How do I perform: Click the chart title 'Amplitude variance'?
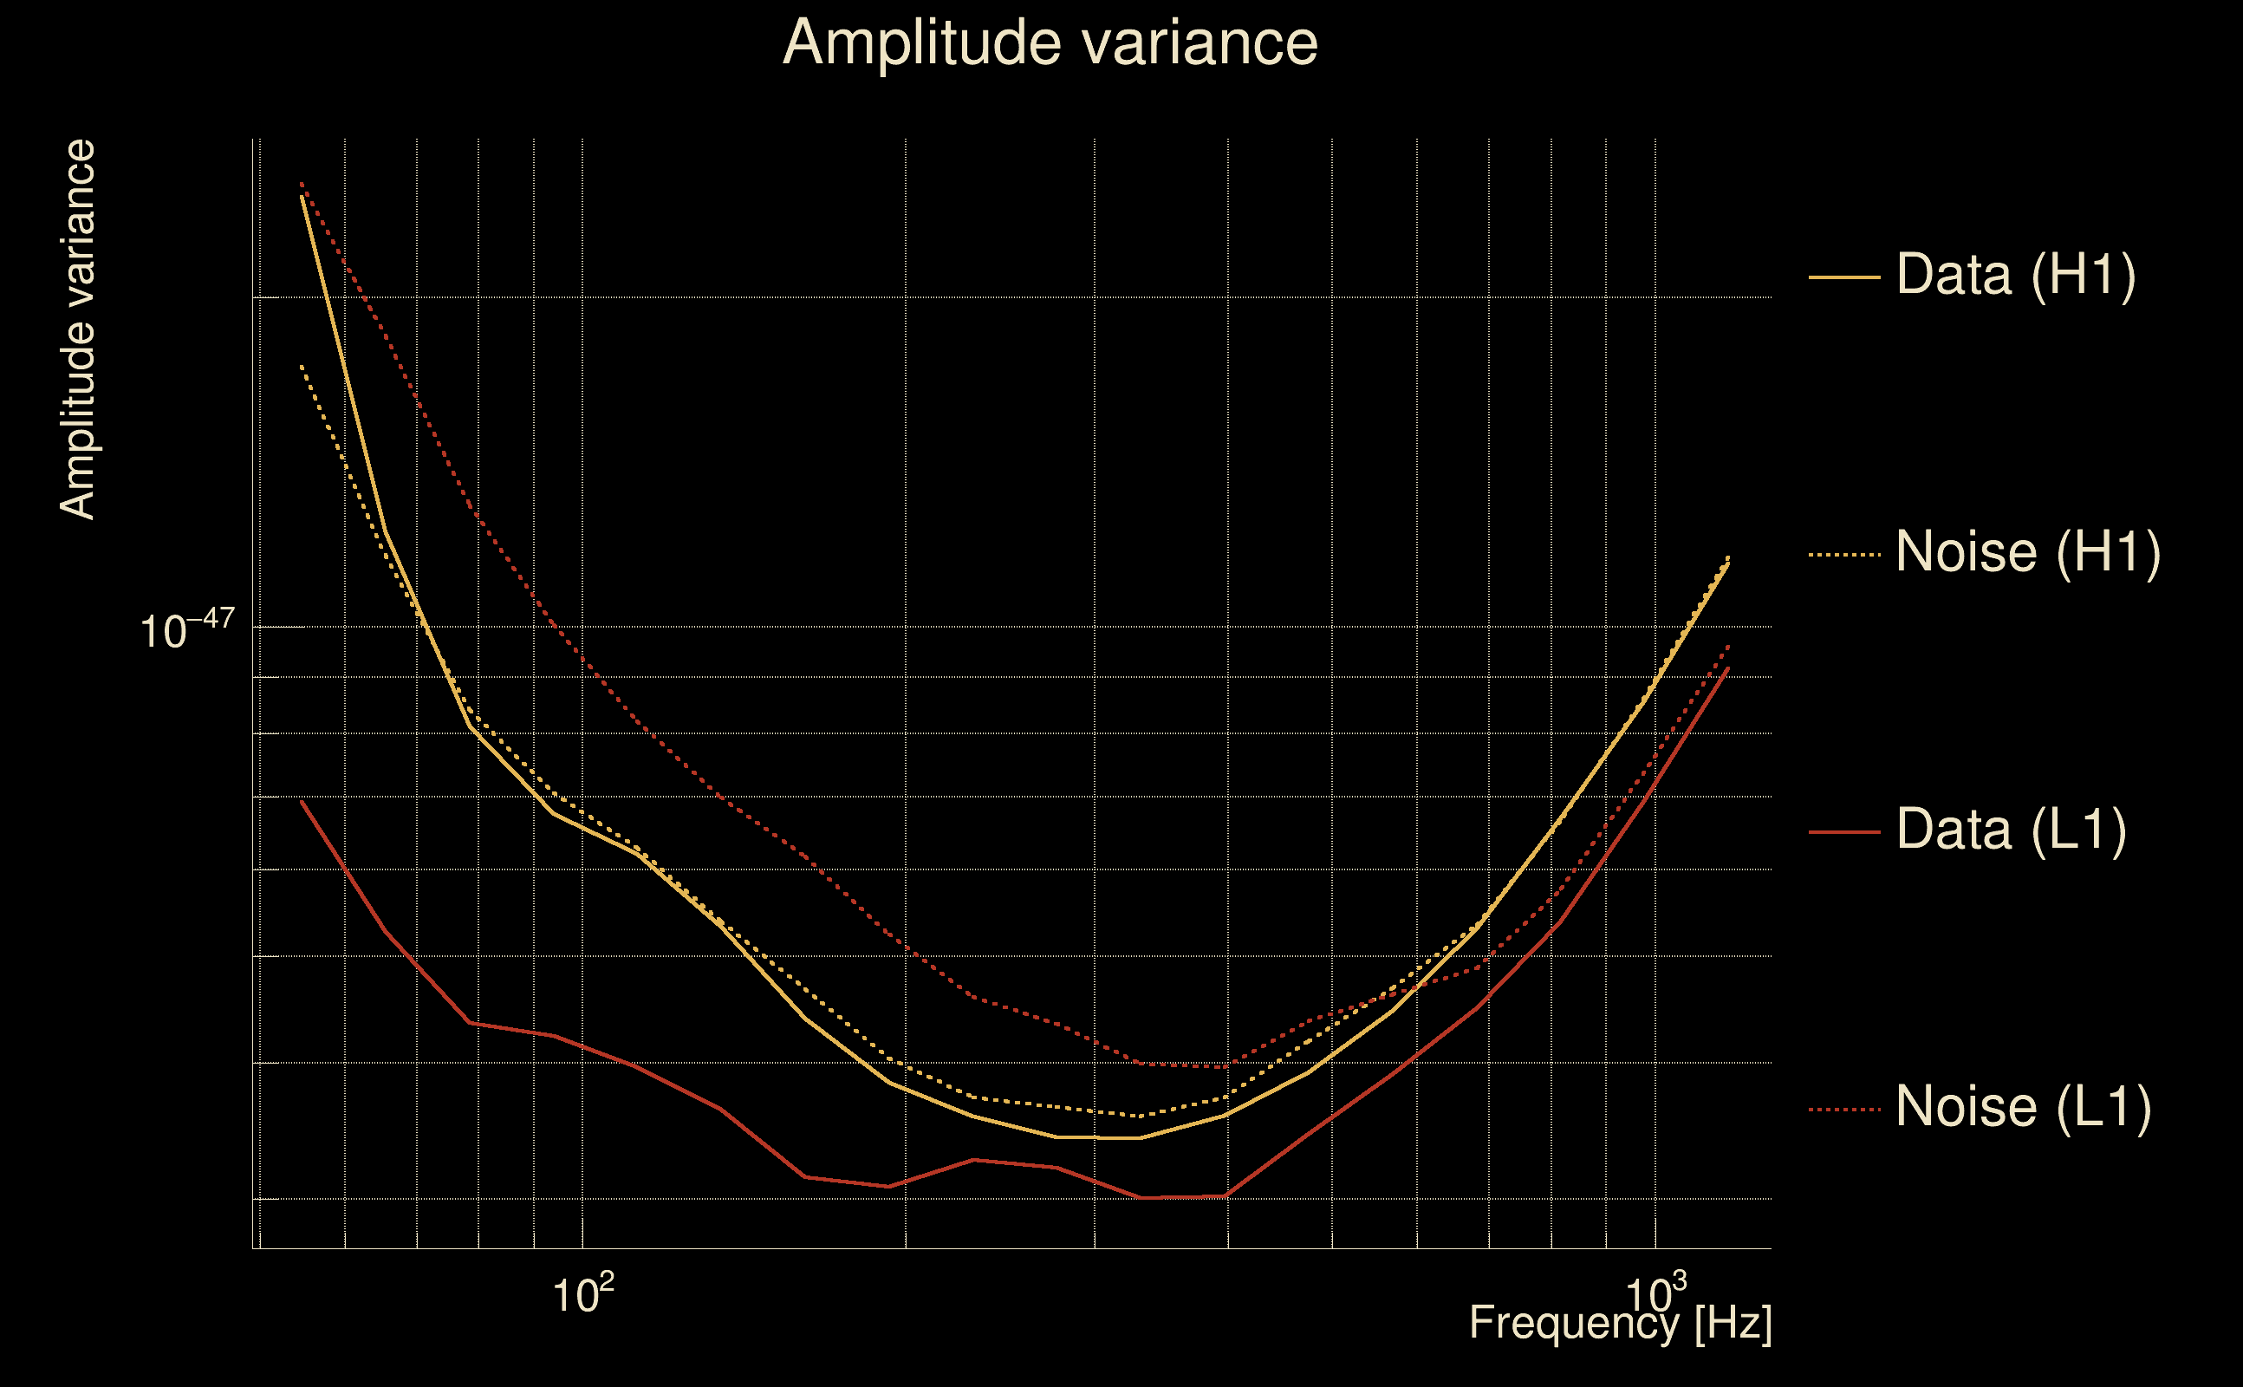pos(1050,43)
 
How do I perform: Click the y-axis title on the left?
pos(77,330)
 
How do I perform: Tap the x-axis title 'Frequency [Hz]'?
pos(1621,1323)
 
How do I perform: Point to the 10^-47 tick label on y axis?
pos(187,630)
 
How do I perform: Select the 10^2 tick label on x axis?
pos(582,1294)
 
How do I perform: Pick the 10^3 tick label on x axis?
pos(1655,1294)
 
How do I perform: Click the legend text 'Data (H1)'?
pos(2016,274)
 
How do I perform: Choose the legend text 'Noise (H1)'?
pos(2027,552)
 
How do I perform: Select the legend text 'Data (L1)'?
pos(2011,830)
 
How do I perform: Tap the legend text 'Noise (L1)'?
pos(2023,1107)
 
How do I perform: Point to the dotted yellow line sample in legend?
pos(1844,555)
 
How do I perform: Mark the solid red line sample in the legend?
pos(1844,832)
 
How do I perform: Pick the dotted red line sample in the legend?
pos(1844,1110)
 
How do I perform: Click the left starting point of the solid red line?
pos(302,802)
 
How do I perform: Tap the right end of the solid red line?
pos(1728,667)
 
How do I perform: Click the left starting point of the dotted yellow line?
pos(302,366)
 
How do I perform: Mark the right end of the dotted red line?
pos(1728,645)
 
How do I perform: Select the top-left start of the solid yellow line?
pos(302,195)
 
